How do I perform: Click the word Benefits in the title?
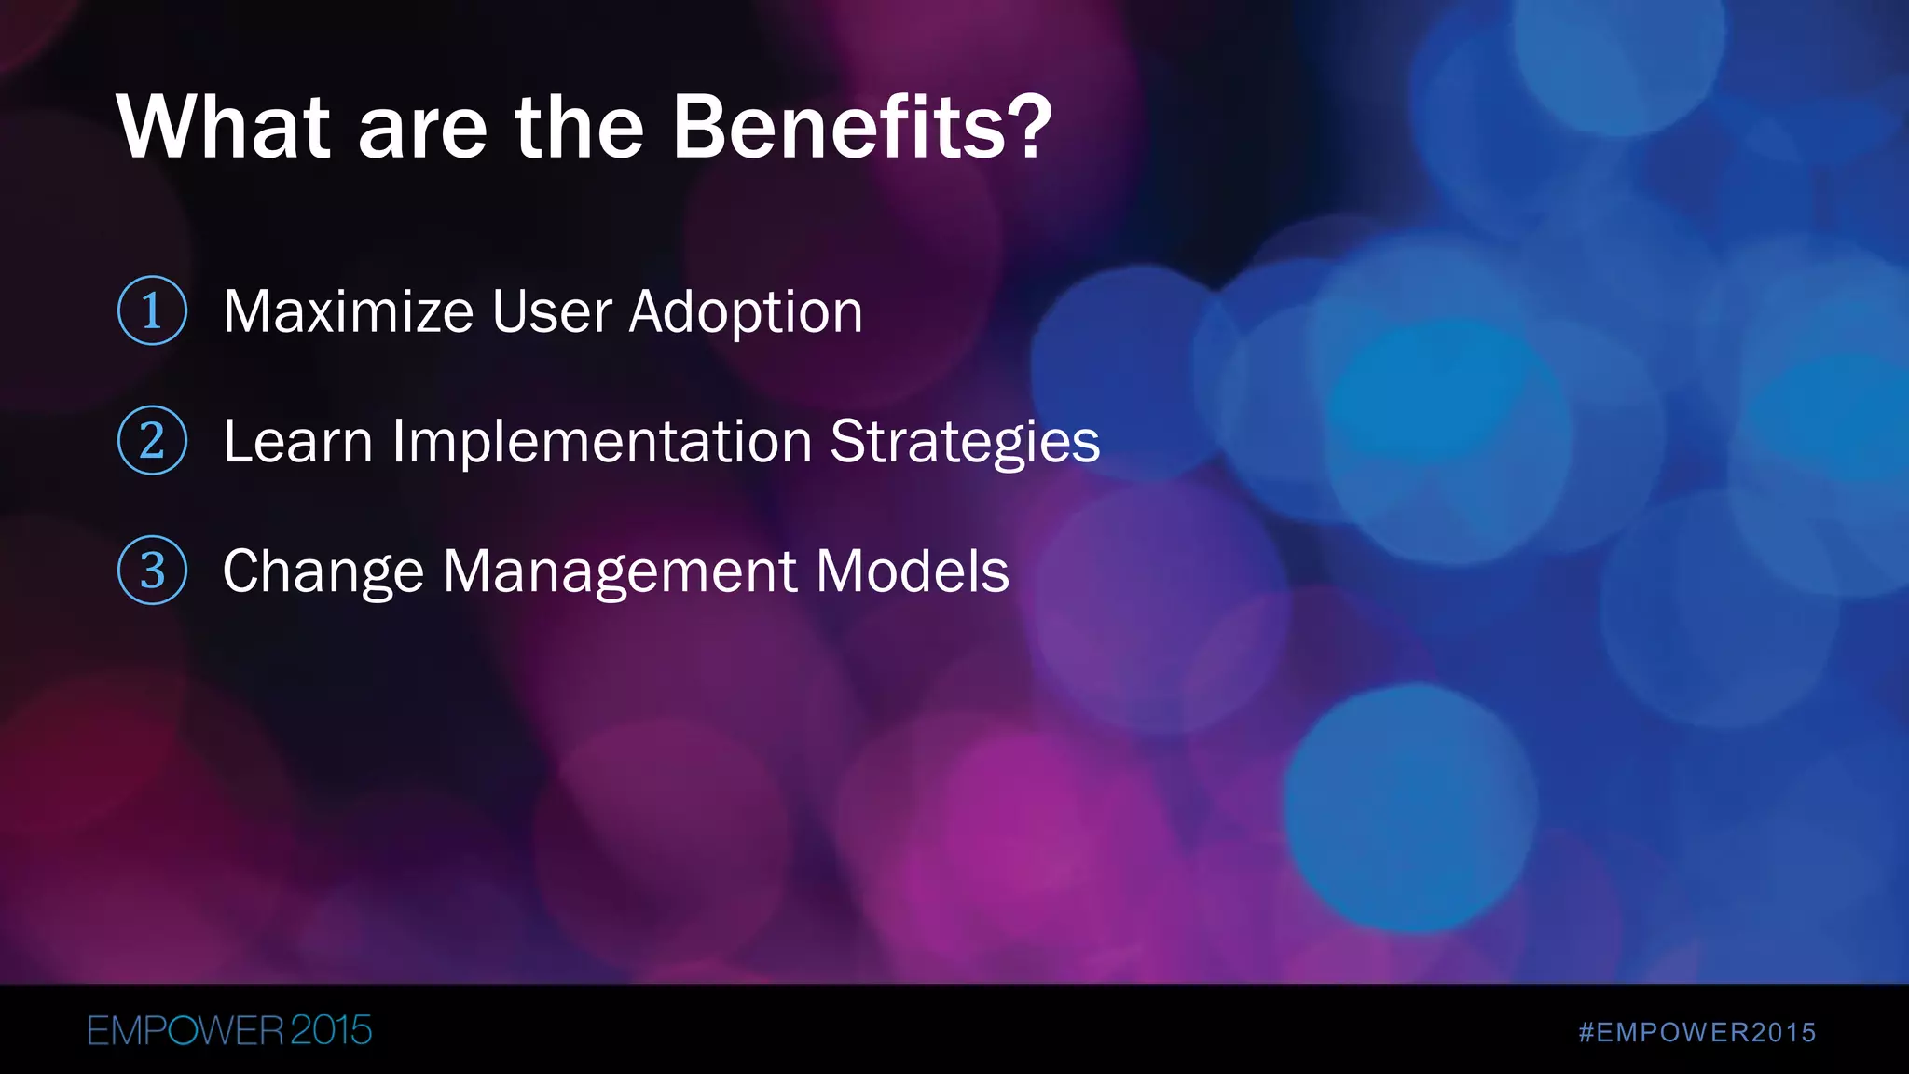point(839,128)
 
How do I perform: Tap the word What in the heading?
point(224,128)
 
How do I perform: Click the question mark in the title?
point(1030,128)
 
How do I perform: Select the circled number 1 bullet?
point(152,310)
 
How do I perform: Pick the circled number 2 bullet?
point(152,440)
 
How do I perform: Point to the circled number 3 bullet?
point(152,570)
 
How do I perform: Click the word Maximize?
point(348,311)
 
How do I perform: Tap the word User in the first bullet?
point(553,311)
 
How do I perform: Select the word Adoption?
point(746,313)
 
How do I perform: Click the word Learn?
point(297,441)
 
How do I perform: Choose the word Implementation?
point(601,443)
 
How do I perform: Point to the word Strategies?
point(965,443)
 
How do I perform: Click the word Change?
point(323,572)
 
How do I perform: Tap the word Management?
point(619,572)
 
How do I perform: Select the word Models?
point(913,571)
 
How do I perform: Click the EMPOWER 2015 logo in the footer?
point(229,1030)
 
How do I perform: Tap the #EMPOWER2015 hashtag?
point(1697,1032)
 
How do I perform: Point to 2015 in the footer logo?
point(331,1030)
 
